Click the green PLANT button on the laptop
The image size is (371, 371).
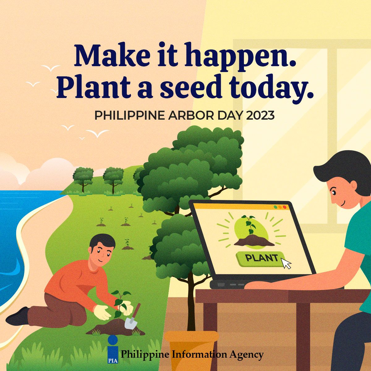pyautogui.click(x=261, y=258)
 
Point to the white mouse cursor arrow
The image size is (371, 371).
pyautogui.click(x=286, y=263)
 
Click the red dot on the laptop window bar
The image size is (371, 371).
pyautogui.click(x=285, y=207)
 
